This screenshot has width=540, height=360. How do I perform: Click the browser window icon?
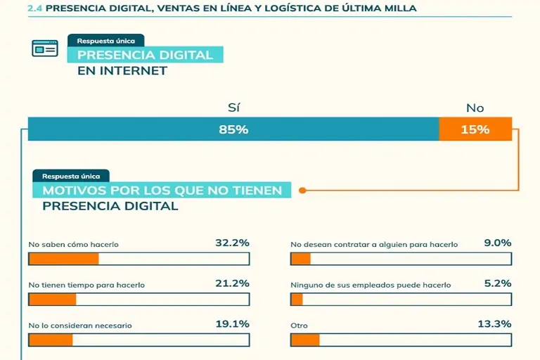(x=44, y=48)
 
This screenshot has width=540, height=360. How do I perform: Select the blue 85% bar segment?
(x=233, y=129)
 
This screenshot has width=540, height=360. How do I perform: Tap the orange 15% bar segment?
(x=475, y=129)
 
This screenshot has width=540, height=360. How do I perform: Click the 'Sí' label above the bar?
(x=233, y=108)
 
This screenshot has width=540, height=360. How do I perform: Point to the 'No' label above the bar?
(x=475, y=108)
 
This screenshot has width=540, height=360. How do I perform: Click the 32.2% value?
(x=232, y=243)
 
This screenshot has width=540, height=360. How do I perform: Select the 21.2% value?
(x=232, y=284)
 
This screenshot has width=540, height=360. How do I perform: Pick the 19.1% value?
(x=232, y=325)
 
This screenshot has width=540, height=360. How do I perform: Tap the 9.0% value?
(x=497, y=243)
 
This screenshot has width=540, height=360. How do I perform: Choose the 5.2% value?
(x=497, y=284)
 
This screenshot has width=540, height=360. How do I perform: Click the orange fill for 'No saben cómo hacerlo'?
(x=63, y=259)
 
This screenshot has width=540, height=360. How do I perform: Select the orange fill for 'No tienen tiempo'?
(x=52, y=300)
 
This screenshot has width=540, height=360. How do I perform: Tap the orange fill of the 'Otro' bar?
(x=304, y=340)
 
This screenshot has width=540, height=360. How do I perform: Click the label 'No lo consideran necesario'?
(x=80, y=326)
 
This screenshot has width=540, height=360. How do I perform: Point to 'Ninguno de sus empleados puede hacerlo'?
(x=371, y=285)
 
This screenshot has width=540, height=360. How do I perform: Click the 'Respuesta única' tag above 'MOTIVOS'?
(x=71, y=176)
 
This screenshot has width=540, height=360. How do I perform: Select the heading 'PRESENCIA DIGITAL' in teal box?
(x=145, y=55)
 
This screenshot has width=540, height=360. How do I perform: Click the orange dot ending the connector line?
(x=302, y=190)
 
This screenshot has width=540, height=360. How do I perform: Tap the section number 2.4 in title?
(x=34, y=8)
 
